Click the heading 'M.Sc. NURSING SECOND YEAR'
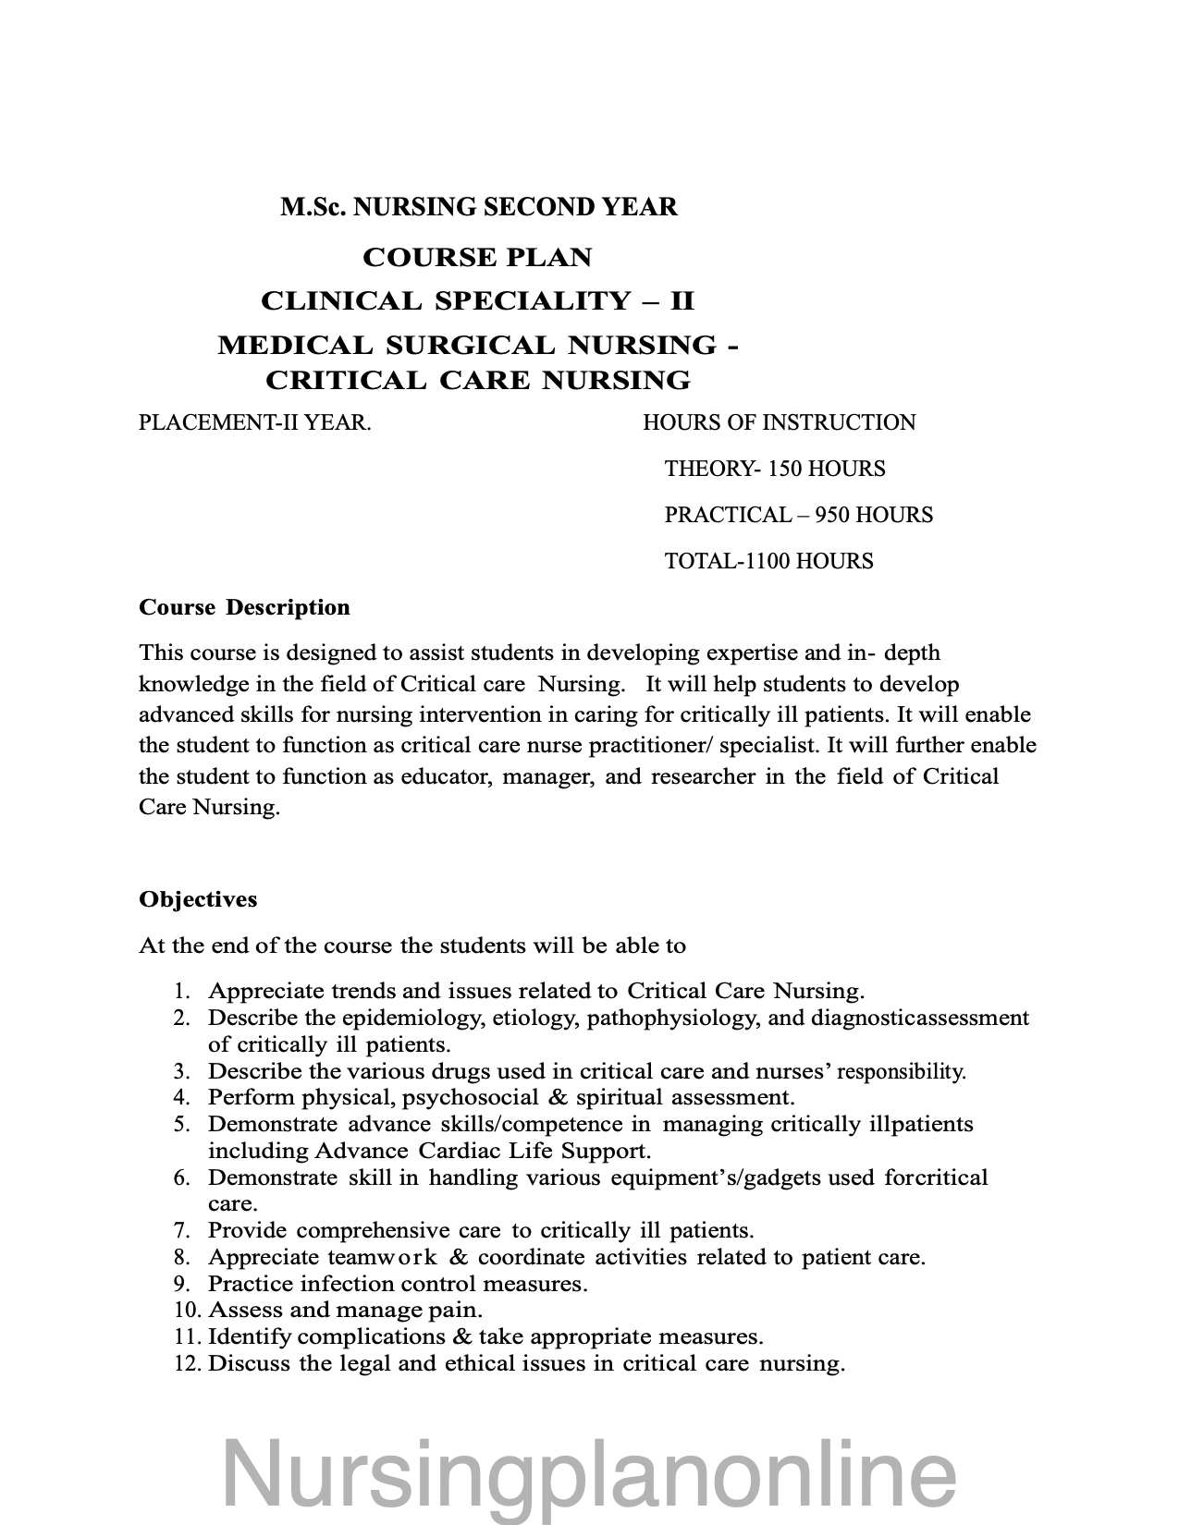point(479,207)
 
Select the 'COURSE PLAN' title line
point(477,257)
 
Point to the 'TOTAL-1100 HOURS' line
point(768,562)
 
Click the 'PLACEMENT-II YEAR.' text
point(255,423)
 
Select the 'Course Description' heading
point(244,607)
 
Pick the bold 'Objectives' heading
point(198,899)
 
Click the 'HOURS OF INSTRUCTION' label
point(779,423)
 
